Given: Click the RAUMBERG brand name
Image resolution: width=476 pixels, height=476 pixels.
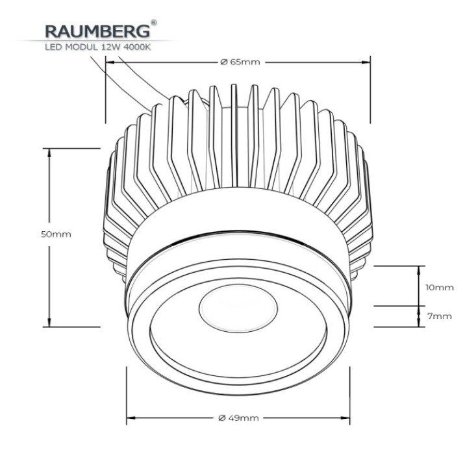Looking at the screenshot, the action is click(x=97, y=31).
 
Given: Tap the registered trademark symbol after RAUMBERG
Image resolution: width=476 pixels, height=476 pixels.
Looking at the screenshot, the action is click(x=154, y=23).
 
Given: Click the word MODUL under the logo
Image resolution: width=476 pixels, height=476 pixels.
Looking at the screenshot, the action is click(x=81, y=47).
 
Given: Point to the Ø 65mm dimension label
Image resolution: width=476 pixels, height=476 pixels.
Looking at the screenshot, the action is click(x=240, y=62).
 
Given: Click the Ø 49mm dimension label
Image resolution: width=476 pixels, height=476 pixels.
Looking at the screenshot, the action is click(x=238, y=418).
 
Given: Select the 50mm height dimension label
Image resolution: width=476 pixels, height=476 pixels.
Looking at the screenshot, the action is click(x=56, y=234).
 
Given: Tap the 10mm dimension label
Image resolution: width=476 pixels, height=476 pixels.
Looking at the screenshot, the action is click(x=440, y=288).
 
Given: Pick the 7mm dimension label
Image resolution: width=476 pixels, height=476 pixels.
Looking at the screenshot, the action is click(x=440, y=316).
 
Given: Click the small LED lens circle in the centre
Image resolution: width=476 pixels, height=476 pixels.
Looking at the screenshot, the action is click(x=238, y=308).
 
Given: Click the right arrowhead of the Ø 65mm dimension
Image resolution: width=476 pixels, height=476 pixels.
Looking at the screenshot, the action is click(x=366, y=62).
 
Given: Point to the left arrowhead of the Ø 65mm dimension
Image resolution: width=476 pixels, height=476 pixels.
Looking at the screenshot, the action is click(x=110, y=62).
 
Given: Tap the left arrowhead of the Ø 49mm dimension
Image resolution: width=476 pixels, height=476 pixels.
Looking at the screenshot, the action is click(x=131, y=418).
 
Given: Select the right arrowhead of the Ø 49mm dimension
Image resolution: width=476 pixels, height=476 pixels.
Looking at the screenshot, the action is click(x=345, y=418).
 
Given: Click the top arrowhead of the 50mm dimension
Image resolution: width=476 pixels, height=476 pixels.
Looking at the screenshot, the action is click(x=49, y=153).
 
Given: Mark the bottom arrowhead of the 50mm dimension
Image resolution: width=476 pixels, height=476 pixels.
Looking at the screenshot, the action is click(x=49, y=322).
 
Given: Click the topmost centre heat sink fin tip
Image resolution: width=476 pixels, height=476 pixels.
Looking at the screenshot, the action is click(x=234, y=85).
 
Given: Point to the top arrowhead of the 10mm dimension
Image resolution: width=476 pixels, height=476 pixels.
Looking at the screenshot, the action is click(x=420, y=270).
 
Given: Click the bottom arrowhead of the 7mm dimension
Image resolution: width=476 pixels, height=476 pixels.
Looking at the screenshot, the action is click(x=420, y=323).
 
